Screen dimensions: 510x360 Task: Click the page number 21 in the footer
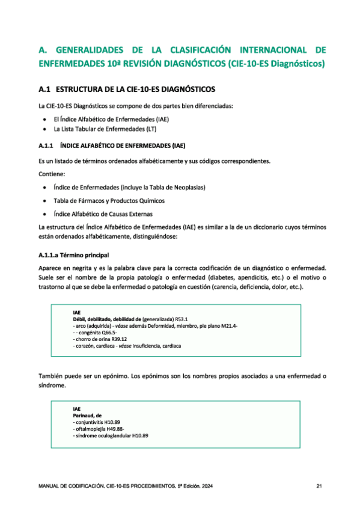[x=319, y=485]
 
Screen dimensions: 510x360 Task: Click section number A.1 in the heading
[x=44, y=90]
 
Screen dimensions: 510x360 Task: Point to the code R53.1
[x=182, y=319]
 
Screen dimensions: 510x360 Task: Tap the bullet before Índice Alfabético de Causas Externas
[x=44, y=214]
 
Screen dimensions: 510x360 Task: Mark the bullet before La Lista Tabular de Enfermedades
[x=44, y=129]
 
